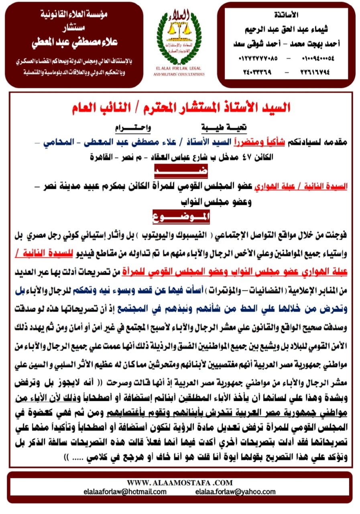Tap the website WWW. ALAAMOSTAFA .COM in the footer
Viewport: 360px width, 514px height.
(179, 482)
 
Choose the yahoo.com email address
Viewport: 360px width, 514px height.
(235, 492)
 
